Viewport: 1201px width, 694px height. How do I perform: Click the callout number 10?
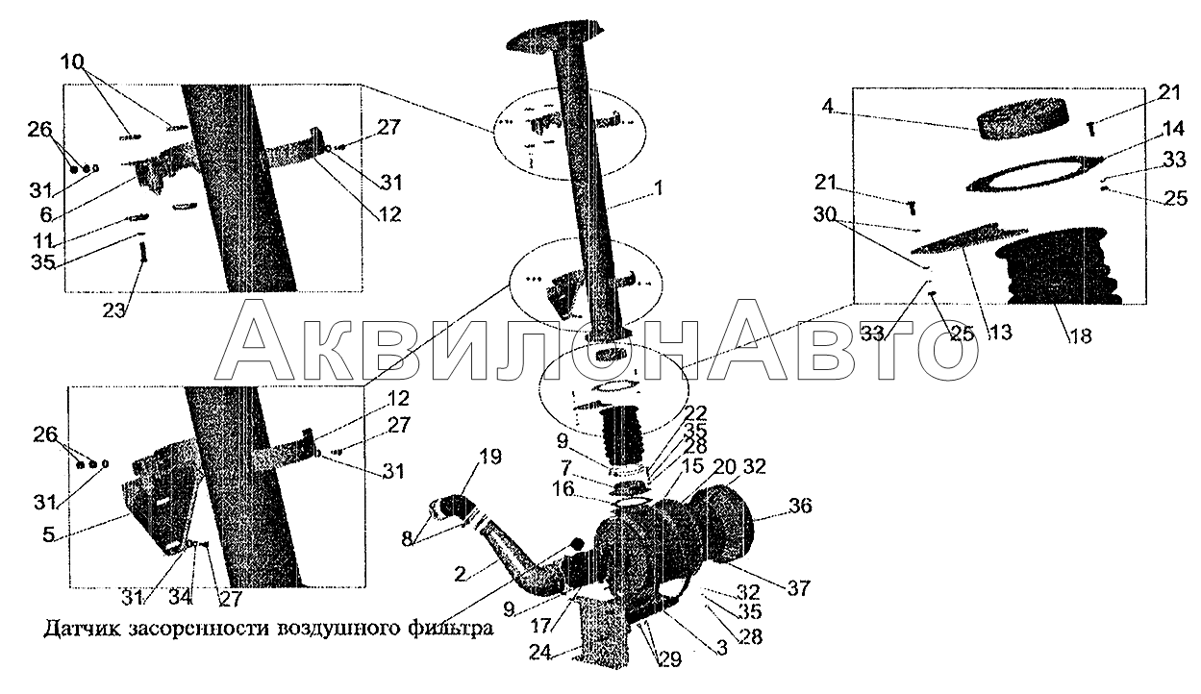click(x=72, y=62)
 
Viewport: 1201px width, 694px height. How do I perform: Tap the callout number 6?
click(x=46, y=215)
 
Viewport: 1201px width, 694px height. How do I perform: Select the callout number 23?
click(x=113, y=310)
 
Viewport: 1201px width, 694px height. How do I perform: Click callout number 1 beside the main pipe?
click(x=658, y=188)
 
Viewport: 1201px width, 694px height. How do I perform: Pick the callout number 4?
click(x=828, y=107)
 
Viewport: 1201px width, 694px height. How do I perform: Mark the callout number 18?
click(x=1080, y=336)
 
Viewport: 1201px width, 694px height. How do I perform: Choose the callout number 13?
click(x=1000, y=333)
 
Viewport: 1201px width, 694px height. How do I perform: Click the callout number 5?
click(x=48, y=534)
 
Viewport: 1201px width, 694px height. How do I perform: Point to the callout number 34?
click(x=180, y=598)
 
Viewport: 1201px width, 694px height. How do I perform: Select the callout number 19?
click(x=490, y=457)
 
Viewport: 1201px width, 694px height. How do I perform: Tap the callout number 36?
click(x=800, y=506)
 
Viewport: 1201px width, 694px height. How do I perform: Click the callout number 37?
click(x=798, y=588)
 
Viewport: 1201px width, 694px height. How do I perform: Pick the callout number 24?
click(x=540, y=653)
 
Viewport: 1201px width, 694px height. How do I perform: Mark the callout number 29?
click(x=669, y=659)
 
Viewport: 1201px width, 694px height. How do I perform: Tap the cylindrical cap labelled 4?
click(x=1022, y=119)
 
